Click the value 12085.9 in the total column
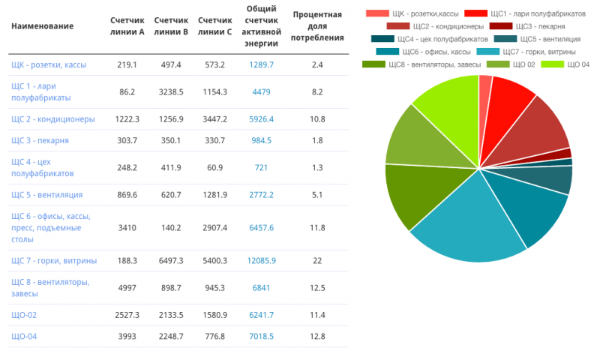[261, 260]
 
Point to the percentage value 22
[317, 260]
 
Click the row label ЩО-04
[24, 336]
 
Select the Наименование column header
[42, 26]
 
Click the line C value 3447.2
[215, 119]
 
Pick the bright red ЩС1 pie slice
[510, 94]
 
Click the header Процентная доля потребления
[318, 26]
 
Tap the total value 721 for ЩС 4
[261, 167]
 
